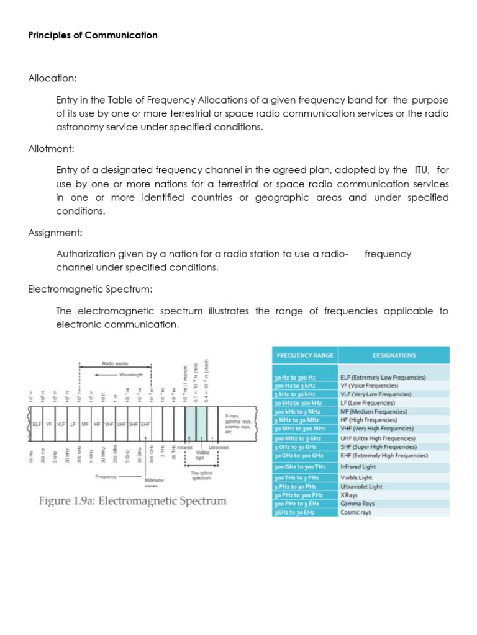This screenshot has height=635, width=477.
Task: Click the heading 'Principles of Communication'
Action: coord(93,35)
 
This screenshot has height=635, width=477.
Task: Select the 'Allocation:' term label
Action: coord(52,79)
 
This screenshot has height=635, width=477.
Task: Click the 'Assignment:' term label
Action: coord(55,233)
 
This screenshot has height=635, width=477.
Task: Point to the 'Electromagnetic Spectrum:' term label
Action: coord(90,290)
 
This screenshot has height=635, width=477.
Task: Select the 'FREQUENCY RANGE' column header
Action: coord(304,355)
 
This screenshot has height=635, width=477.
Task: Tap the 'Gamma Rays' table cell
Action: coord(358,504)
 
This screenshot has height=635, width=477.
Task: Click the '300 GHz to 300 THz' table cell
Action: coord(300,466)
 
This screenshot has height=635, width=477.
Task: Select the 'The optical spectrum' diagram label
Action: coord(201,476)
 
